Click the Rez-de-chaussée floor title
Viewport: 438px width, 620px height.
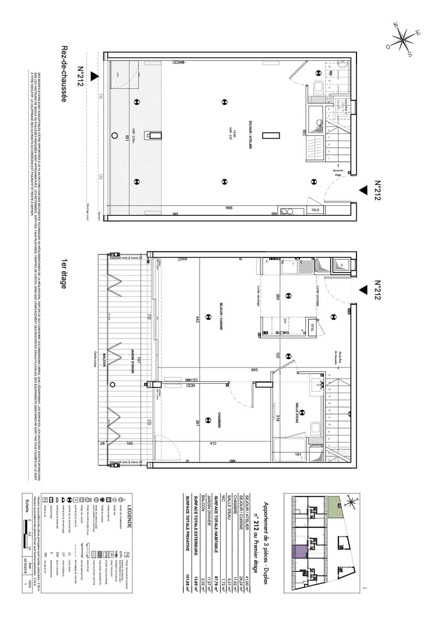(64, 74)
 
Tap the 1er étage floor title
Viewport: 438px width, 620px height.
(64, 274)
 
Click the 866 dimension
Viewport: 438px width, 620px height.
(229, 208)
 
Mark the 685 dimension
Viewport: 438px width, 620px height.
(254, 370)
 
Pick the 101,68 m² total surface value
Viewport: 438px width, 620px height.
(188, 581)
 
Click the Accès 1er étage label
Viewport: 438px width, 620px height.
(338, 172)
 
